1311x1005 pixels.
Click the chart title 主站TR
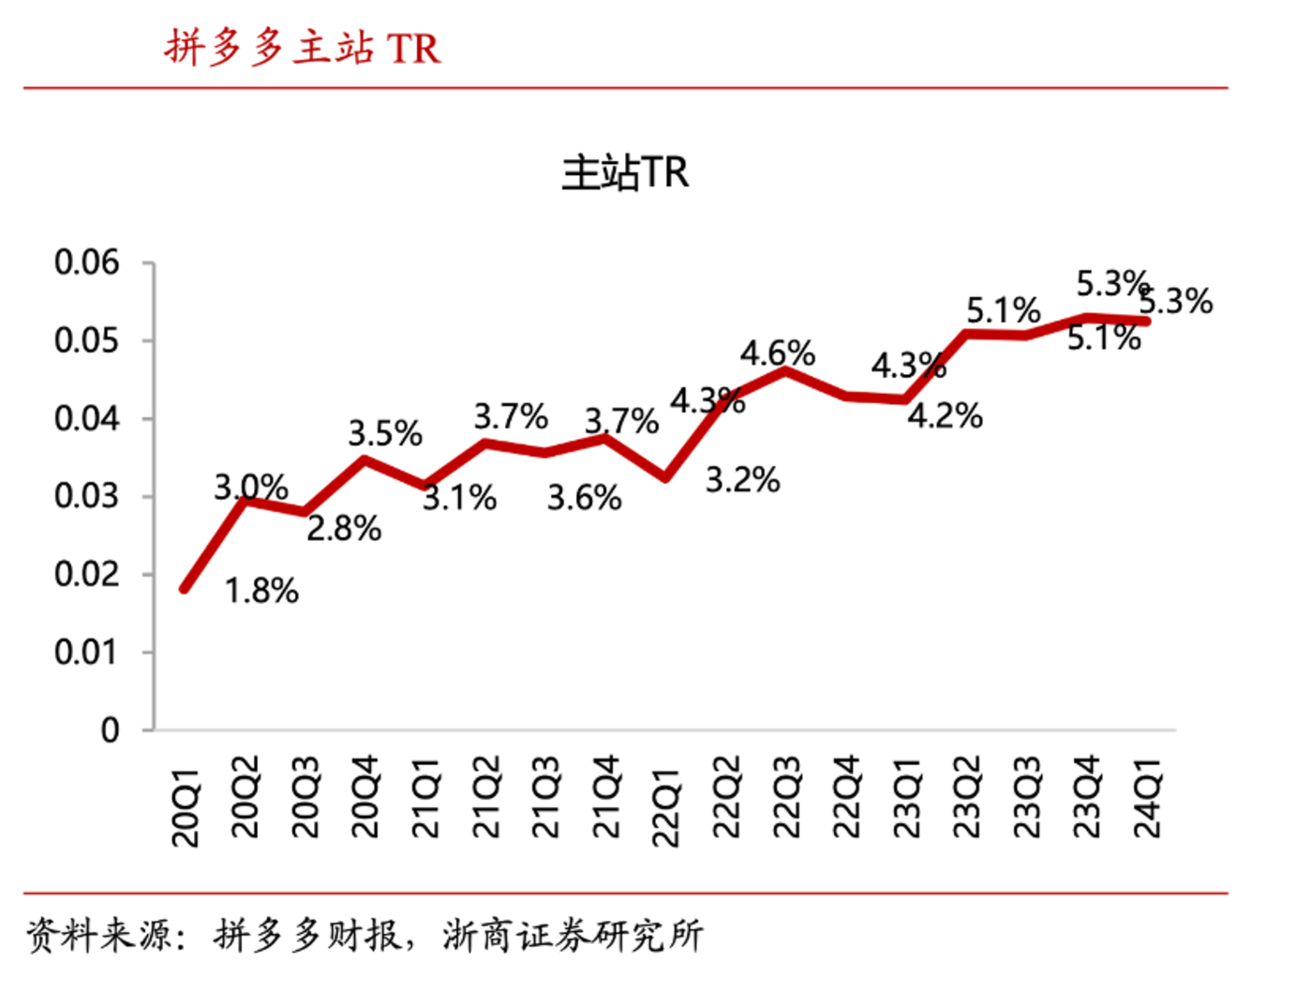625,173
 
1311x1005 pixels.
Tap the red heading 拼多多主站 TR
302,48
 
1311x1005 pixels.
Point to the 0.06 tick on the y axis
87,262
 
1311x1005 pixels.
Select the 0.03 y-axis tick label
87,496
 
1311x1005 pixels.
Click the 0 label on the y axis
110,729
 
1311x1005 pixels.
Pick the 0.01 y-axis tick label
87,652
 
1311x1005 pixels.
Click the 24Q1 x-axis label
1147,798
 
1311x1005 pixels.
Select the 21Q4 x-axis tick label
605,798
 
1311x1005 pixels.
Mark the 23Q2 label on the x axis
966,798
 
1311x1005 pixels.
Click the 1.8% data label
261,591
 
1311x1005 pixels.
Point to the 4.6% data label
777,353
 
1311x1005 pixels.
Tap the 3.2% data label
742,480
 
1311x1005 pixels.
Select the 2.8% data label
344,529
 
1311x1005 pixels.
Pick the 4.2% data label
945,415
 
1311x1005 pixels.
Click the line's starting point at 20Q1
186,589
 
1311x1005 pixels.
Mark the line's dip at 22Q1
665,477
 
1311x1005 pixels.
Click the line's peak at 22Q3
785,371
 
